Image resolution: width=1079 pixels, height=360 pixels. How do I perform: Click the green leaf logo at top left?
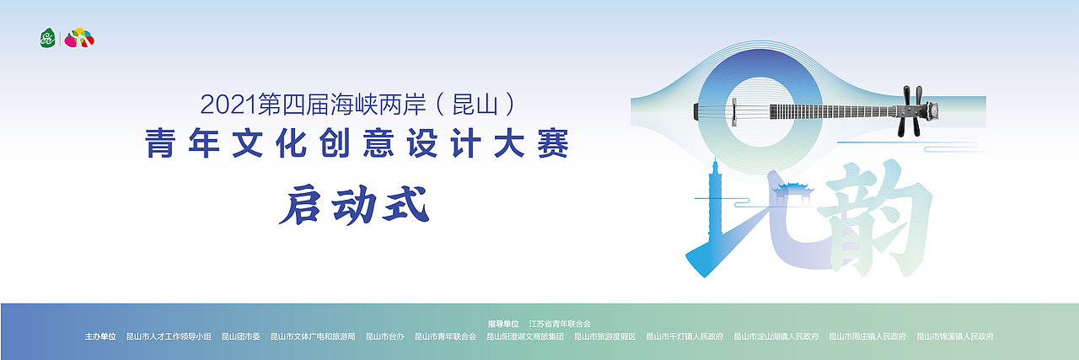48,38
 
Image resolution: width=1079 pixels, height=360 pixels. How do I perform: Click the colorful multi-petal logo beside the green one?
80,38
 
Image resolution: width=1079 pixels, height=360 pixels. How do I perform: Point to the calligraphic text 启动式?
355,205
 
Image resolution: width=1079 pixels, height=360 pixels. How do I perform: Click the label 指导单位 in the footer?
503,324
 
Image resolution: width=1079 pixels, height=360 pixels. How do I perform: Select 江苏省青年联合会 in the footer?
560,324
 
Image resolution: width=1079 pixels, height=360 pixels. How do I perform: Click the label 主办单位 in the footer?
100,336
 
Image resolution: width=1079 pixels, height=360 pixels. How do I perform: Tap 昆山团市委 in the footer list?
240,336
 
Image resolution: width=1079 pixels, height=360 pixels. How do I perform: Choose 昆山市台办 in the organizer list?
384,336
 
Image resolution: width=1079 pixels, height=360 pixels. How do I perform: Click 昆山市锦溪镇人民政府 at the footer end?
954,336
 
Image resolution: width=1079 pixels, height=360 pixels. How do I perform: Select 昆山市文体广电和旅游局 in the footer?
313,336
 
